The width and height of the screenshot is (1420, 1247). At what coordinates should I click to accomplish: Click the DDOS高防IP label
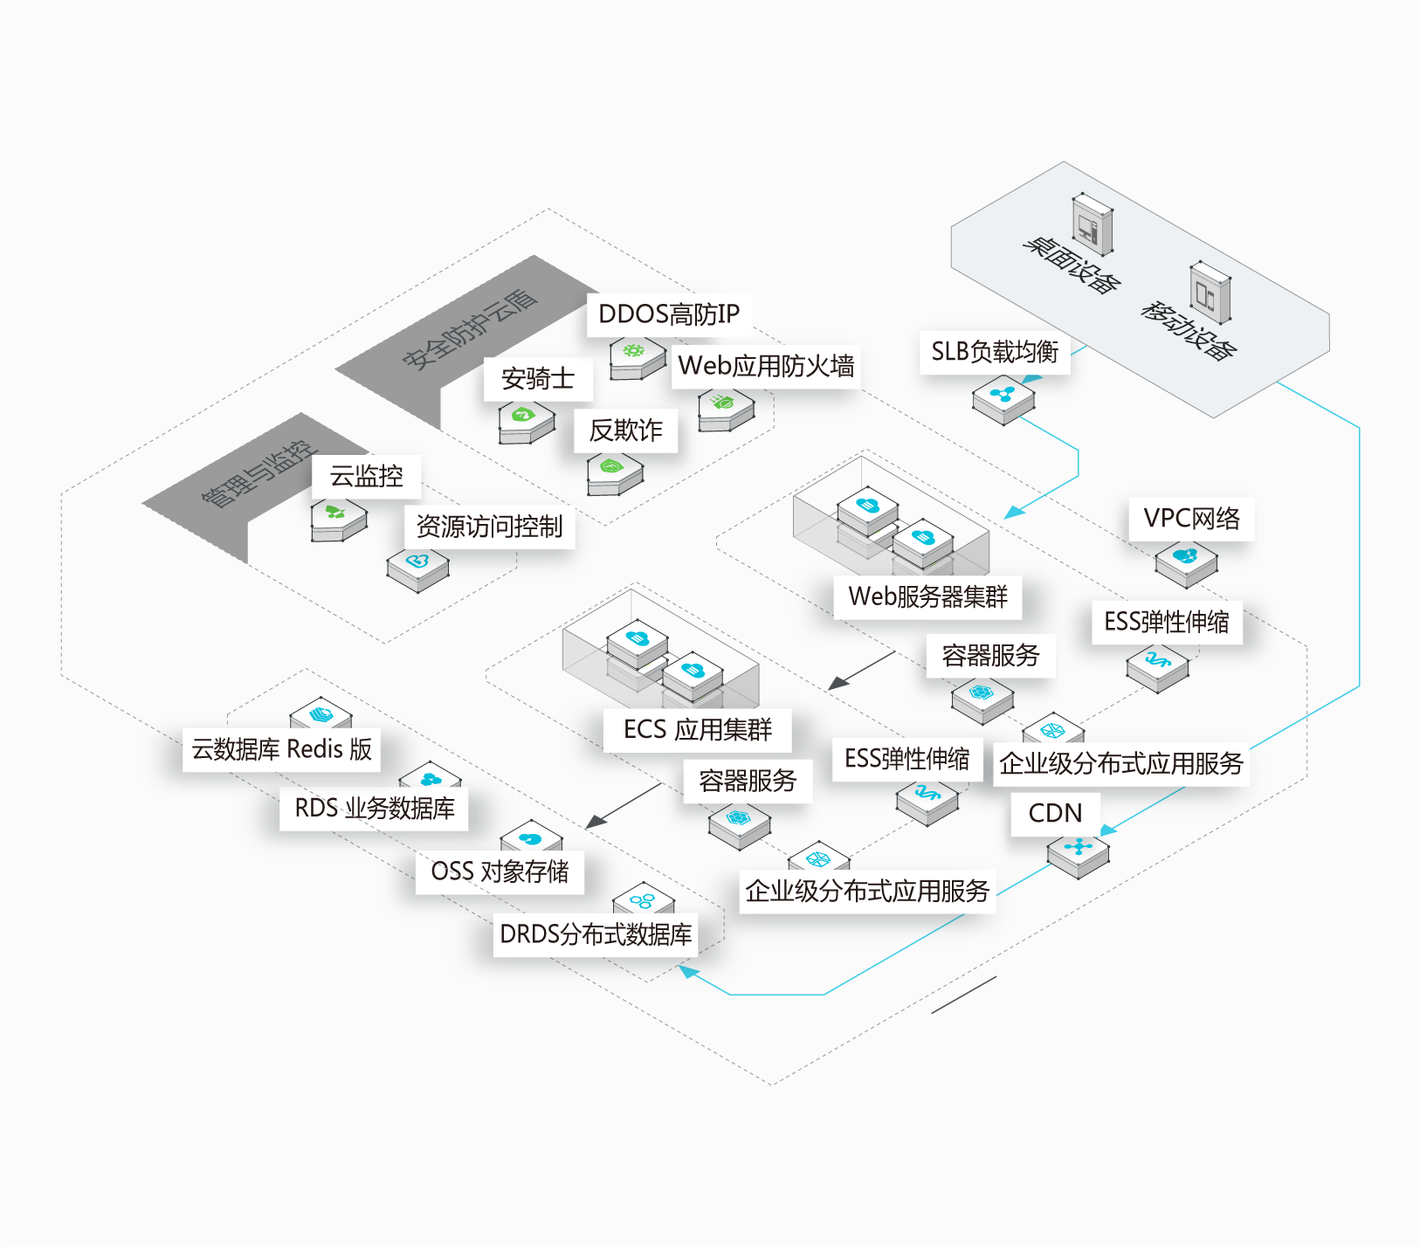click(x=669, y=314)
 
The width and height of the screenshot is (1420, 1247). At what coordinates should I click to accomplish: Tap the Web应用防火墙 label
click(x=766, y=366)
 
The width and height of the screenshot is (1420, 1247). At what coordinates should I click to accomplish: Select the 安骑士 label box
click(x=538, y=379)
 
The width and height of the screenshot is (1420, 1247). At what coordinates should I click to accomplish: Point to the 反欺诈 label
click(x=625, y=431)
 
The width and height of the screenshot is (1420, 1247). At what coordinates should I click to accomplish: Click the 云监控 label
click(x=366, y=477)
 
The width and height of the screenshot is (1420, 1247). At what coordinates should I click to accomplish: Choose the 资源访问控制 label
click(x=489, y=527)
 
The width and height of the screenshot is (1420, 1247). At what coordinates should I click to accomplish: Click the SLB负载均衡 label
click(x=995, y=352)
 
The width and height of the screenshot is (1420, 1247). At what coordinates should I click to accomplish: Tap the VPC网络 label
click(x=1192, y=519)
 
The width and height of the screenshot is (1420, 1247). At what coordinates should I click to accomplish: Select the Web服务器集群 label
click(x=927, y=596)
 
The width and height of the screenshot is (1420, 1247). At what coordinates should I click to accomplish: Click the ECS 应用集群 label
click(x=698, y=730)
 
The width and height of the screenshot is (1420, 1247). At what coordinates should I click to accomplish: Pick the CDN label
click(x=1055, y=814)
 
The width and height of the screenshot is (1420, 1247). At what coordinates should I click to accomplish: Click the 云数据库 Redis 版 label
click(x=281, y=749)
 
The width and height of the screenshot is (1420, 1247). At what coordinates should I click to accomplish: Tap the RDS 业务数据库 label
click(x=374, y=809)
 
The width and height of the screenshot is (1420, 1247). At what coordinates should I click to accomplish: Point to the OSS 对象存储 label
click(x=500, y=872)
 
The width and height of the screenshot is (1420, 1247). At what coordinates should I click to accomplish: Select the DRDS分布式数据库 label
click(x=596, y=934)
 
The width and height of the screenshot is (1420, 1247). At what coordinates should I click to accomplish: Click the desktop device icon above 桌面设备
click(x=1093, y=224)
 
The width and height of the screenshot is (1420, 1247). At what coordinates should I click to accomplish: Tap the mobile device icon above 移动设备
click(x=1210, y=292)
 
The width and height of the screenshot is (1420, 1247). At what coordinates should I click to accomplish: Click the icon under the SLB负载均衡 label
click(x=1004, y=399)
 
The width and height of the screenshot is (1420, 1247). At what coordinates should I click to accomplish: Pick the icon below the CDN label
click(x=1079, y=853)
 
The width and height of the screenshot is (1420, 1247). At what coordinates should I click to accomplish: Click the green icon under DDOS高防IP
click(x=637, y=358)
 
